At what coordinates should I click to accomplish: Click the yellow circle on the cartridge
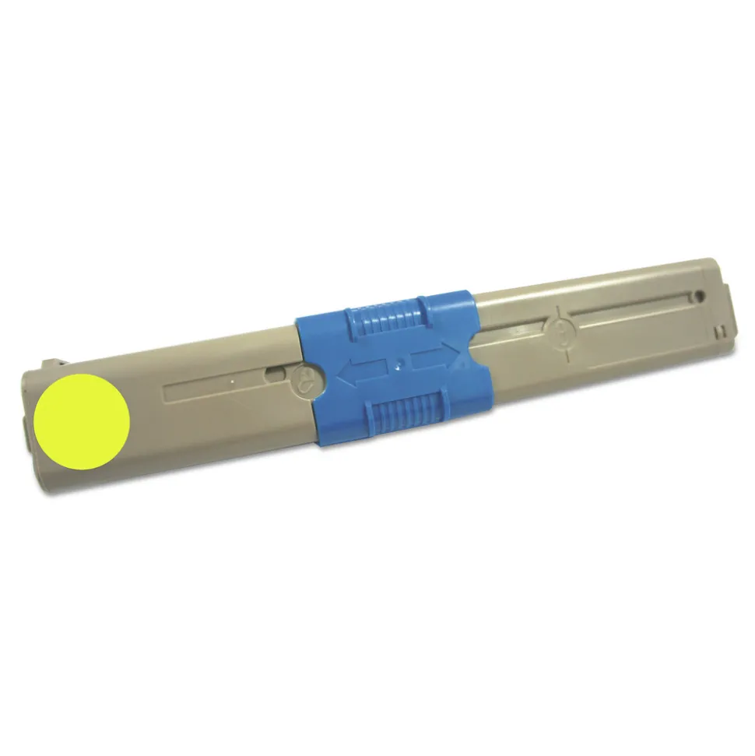pyautogui.click(x=82, y=421)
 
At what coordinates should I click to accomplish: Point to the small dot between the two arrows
pyautogui.click(x=399, y=362)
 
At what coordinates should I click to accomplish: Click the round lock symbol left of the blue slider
pyautogui.click(x=306, y=380)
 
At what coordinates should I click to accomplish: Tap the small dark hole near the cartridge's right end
pyautogui.click(x=699, y=296)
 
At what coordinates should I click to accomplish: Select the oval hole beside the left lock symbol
pyautogui.click(x=274, y=374)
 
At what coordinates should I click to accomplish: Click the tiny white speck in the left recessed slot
pyautogui.click(x=233, y=381)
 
